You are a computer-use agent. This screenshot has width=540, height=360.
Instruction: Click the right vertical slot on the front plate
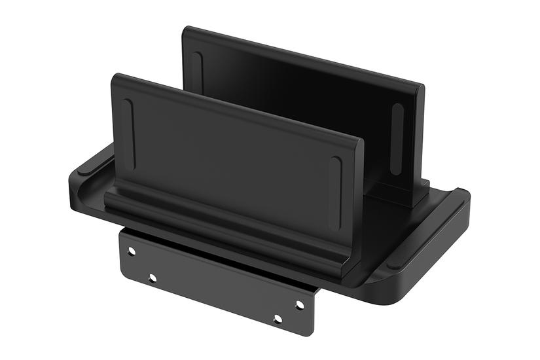[x=336, y=184]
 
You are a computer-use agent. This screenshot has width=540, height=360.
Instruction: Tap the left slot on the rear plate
[x=198, y=72]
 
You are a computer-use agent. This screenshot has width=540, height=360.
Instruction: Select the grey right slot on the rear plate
[x=397, y=138]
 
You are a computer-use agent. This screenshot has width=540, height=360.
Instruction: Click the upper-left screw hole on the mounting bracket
[x=132, y=251]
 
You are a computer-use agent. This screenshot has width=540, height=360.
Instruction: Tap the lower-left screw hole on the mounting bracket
[x=153, y=278]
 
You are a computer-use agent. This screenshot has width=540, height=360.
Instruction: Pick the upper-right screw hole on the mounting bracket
[x=300, y=305]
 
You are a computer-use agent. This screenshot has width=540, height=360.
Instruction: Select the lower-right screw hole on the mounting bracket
[x=278, y=319]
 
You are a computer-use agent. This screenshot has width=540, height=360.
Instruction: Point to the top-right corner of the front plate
[x=359, y=139]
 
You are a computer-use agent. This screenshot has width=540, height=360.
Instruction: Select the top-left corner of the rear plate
[x=186, y=29]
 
